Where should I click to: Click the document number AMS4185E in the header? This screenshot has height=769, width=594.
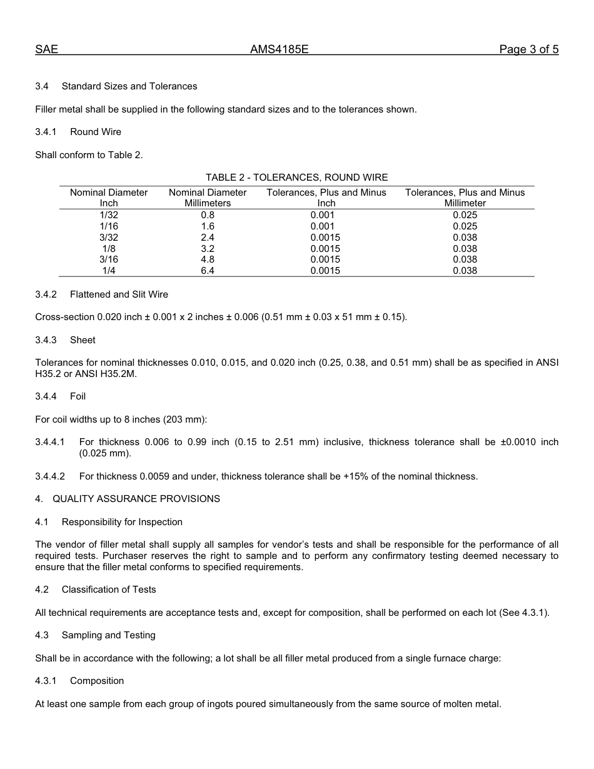279,50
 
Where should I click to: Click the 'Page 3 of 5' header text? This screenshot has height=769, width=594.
528,50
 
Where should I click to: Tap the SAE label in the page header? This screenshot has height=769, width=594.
46,50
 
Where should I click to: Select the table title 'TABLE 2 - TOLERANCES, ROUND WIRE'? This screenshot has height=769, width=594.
296,178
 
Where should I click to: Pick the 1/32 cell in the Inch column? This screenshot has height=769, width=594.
109,215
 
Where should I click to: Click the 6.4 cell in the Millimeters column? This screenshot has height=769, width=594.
208,271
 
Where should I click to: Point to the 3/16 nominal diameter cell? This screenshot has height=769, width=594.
109,259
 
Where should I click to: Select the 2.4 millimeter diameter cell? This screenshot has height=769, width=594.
208,238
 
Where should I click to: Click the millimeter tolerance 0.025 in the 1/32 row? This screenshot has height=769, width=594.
465,215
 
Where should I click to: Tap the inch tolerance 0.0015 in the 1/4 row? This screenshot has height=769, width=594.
326,271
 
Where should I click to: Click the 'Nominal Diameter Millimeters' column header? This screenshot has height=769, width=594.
208,198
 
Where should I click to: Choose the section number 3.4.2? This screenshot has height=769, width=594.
46,294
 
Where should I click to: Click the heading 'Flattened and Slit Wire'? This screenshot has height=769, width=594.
119,294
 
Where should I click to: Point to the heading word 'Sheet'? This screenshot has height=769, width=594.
83,340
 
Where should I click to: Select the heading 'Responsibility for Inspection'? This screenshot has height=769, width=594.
122,522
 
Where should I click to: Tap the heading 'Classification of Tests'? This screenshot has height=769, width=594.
109,590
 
